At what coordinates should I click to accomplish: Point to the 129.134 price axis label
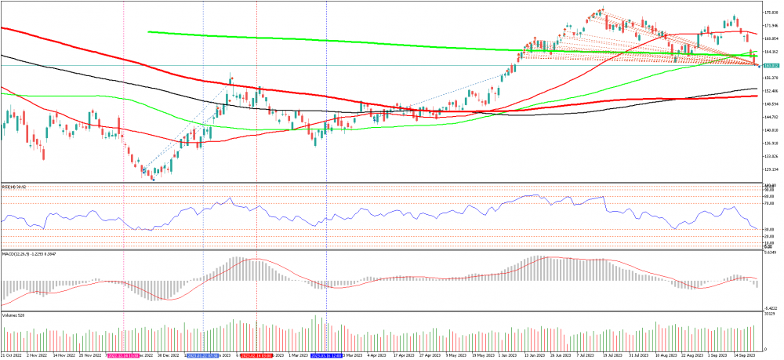click(x=770, y=169)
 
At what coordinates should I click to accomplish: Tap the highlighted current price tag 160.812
click(x=770, y=66)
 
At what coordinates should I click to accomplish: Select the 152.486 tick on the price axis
click(x=770, y=91)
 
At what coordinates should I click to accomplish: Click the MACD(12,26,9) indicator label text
click(x=25, y=254)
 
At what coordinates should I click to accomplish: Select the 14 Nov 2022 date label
click(x=64, y=355)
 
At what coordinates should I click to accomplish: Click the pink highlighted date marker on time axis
click(x=124, y=355)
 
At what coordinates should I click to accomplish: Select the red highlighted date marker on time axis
click(x=256, y=355)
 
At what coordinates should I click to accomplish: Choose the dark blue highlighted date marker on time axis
click(x=326, y=355)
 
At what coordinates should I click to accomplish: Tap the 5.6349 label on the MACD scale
click(x=770, y=254)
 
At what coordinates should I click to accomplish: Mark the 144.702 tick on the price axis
click(x=770, y=117)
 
